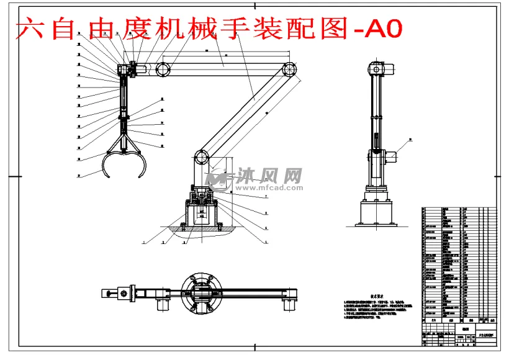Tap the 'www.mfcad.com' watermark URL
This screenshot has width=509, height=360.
(x=271, y=187)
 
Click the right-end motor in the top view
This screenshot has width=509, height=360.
(x=288, y=304)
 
